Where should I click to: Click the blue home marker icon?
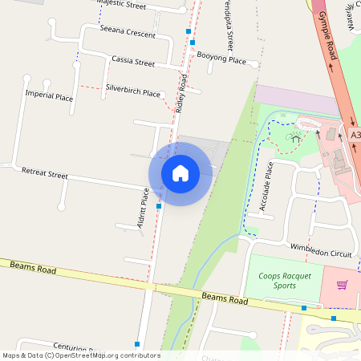coord(180,172)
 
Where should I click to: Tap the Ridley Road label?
coord(181,91)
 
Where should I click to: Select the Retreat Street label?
coord(45,172)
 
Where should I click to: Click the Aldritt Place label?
coord(144,209)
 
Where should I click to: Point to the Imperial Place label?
coord(50,96)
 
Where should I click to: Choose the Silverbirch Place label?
coord(133,93)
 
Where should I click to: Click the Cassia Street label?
coord(133,61)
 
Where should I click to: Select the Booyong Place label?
coord(221,59)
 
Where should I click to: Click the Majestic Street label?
coord(121,5)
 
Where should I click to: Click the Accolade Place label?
coord(267,187)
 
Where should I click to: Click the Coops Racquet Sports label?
coord(283,280)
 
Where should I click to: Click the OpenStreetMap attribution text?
coord(81,355)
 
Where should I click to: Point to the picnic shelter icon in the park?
coord(296,138)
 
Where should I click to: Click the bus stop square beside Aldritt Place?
coord(159,206)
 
